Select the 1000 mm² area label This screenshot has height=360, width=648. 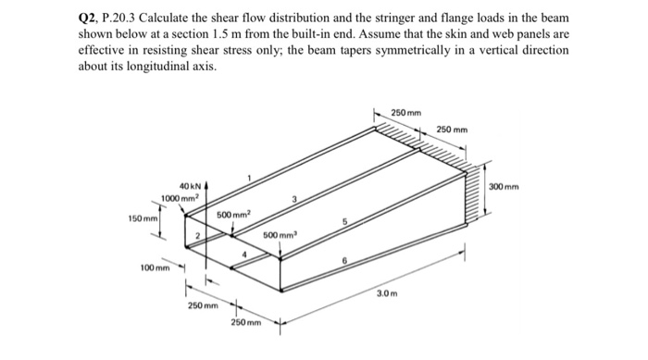(x=180, y=199)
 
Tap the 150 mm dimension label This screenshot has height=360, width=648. (x=143, y=218)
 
